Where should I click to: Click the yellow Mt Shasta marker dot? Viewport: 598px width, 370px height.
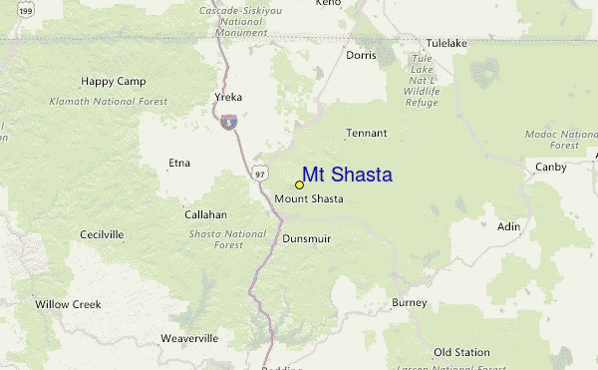pyautogui.click(x=299, y=185)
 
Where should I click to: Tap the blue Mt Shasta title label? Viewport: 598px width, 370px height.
pyautogui.click(x=347, y=175)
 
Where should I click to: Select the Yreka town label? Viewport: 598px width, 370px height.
pyautogui.click(x=228, y=97)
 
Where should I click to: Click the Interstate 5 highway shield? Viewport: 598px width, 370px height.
pyautogui.click(x=228, y=122)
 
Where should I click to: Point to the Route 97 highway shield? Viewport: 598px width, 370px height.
pyautogui.click(x=259, y=174)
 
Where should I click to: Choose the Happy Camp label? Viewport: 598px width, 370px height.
pyautogui.click(x=114, y=81)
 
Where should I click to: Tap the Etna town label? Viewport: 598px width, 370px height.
pyautogui.click(x=179, y=162)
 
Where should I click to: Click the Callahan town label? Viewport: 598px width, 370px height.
pyautogui.click(x=205, y=214)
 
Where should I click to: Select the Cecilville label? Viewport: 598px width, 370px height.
pyautogui.click(x=102, y=234)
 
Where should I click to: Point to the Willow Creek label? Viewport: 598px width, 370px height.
pyautogui.click(x=64, y=303)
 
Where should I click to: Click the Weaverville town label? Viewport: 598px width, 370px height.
pyautogui.click(x=188, y=338)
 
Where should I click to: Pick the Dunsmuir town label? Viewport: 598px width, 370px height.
pyautogui.click(x=306, y=238)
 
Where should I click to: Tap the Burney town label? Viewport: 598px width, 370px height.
pyautogui.click(x=409, y=302)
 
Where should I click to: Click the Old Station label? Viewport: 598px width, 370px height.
pyautogui.click(x=461, y=352)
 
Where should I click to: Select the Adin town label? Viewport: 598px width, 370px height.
pyautogui.click(x=508, y=226)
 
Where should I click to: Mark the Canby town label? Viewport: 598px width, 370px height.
pyautogui.click(x=550, y=166)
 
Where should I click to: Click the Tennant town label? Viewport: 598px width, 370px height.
pyautogui.click(x=366, y=133)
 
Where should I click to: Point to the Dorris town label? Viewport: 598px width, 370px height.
pyautogui.click(x=361, y=56)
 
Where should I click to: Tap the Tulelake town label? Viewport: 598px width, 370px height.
pyautogui.click(x=447, y=44)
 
